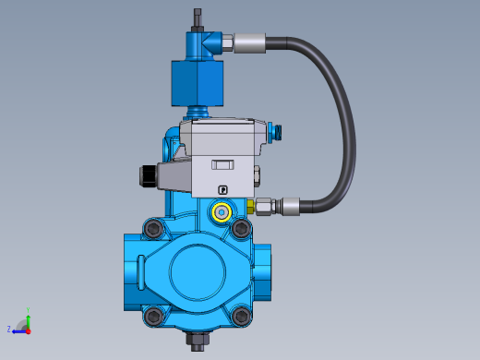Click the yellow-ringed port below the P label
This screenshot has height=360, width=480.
(222, 212)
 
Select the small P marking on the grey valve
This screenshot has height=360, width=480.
(222, 190)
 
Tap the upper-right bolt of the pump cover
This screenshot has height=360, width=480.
(242, 227)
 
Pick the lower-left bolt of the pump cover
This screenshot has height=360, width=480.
(153, 316)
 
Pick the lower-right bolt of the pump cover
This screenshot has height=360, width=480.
(243, 316)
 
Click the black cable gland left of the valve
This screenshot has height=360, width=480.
(146, 175)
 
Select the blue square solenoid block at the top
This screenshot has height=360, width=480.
(197, 83)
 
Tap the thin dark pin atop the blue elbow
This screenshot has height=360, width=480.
(197, 18)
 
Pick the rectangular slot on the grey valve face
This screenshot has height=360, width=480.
(223, 164)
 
